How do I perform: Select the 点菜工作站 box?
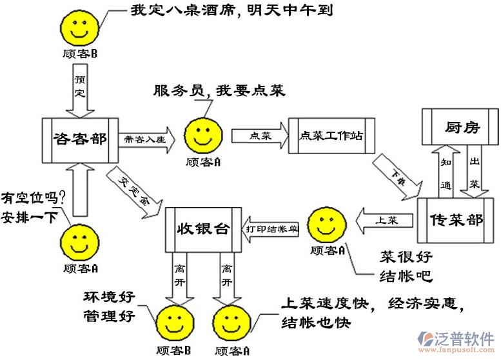(331, 135)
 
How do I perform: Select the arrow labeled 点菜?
(256, 135)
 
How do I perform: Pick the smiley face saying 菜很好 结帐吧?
(326, 225)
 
